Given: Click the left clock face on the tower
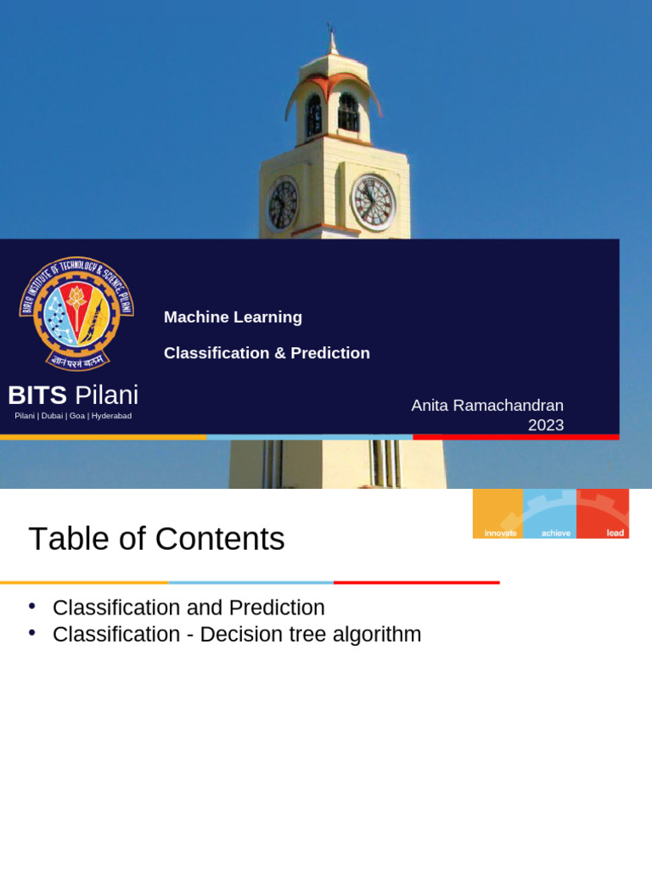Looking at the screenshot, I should (x=283, y=205).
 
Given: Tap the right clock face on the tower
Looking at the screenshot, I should (x=374, y=203).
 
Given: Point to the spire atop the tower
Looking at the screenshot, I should (x=332, y=38).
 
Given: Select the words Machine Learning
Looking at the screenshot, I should (x=233, y=317).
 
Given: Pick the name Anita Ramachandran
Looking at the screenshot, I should (x=487, y=406).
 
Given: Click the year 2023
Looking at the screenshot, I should (x=545, y=425).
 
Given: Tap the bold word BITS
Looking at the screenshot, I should (x=37, y=395).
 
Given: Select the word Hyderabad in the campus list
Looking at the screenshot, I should (x=111, y=416).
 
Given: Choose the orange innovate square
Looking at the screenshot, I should (x=498, y=513).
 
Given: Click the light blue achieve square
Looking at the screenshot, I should (x=550, y=513).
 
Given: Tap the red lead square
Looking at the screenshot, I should (x=603, y=513).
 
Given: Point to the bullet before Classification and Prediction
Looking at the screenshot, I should (x=32, y=606).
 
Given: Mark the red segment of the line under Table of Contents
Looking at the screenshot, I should (x=416, y=583).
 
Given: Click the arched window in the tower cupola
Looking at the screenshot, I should (x=348, y=113).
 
